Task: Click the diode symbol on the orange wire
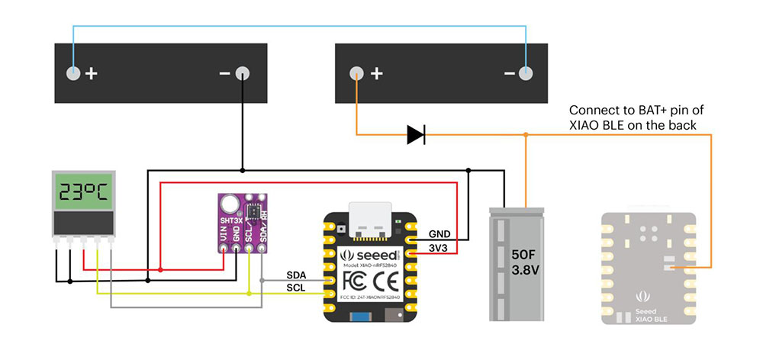416,135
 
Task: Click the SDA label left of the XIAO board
297,275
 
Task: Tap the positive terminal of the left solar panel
72,74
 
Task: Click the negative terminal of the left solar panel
242,74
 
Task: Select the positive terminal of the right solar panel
356,74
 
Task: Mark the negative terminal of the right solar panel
525,74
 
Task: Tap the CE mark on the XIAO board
387,278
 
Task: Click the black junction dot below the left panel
242,169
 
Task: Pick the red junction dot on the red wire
160,269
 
